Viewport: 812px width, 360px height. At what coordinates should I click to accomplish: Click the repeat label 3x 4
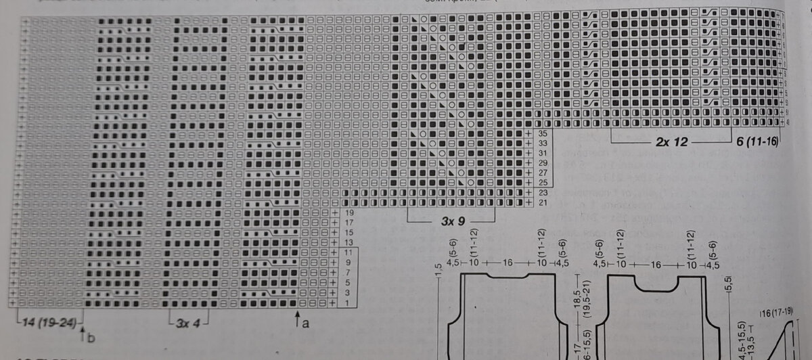coord(189,323)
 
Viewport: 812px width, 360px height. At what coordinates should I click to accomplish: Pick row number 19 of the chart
coord(349,212)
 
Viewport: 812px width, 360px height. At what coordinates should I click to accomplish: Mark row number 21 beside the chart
coord(543,202)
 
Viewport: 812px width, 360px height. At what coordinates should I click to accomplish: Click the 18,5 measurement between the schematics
coord(576,298)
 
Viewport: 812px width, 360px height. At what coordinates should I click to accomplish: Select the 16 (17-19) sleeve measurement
coord(776,312)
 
